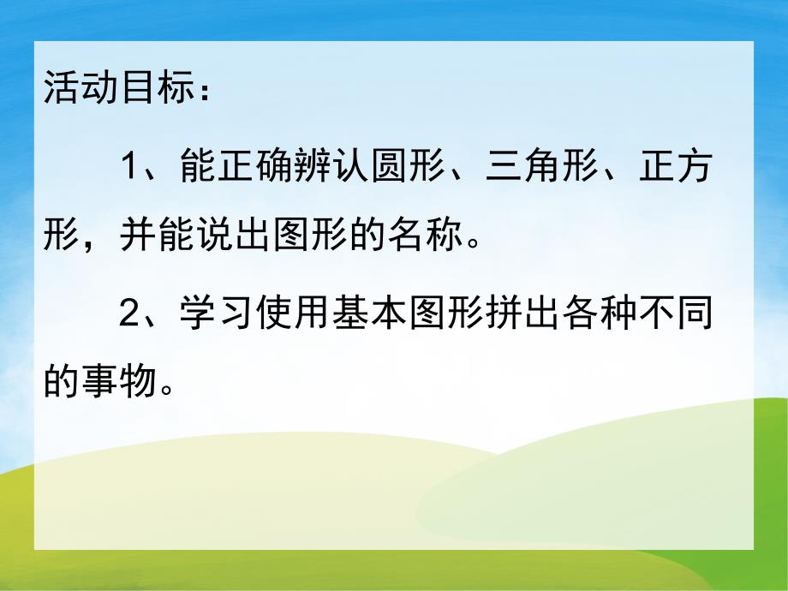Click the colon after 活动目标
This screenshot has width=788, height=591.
point(199,89)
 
